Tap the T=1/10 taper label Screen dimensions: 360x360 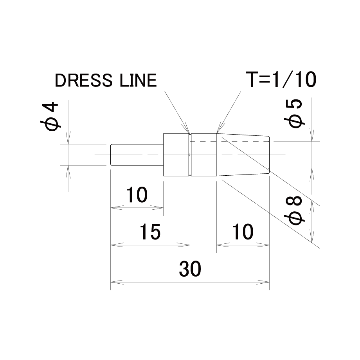coord(281,79)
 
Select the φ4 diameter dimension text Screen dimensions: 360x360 coord(50,116)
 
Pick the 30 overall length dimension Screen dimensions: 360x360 coord(190,268)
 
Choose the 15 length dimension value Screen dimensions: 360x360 coord(150,232)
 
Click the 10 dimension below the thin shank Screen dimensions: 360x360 coord(137,195)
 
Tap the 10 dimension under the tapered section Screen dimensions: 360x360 coord(243,232)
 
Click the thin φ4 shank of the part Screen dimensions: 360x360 coord(137,155)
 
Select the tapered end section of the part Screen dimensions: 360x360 coord(243,155)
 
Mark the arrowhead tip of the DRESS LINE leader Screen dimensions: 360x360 coord(190,133)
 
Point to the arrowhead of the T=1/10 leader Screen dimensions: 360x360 coord(217,133)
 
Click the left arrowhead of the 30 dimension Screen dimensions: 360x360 coord(111,282)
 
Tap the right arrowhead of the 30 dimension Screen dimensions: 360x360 coord(269,282)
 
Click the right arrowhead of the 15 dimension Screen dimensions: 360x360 coord(190,245)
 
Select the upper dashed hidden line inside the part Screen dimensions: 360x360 coord(229,141)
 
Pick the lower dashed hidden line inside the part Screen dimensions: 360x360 coord(229,168)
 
